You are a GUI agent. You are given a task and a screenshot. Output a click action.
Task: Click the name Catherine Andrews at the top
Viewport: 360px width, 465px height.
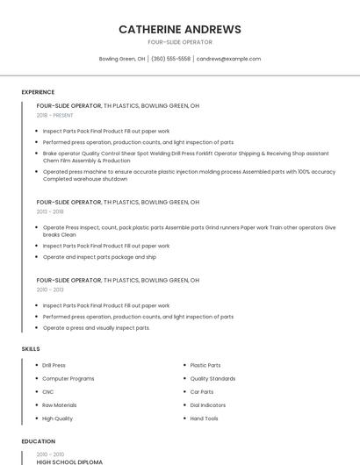(x=180, y=29)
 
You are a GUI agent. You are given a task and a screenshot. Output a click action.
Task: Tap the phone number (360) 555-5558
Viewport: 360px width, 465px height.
(x=170, y=59)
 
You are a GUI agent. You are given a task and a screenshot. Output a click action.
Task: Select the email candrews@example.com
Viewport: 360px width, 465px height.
(x=228, y=59)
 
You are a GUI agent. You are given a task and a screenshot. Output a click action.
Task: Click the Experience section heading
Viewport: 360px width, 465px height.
(x=38, y=92)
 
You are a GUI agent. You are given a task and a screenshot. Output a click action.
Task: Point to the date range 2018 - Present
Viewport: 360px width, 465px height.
(x=54, y=115)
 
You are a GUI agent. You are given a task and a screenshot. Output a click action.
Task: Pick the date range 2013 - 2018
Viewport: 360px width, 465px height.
(x=50, y=211)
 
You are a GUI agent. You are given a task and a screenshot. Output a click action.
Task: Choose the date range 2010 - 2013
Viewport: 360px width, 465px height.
(x=50, y=290)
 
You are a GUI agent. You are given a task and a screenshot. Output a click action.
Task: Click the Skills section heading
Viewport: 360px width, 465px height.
(x=31, y=348)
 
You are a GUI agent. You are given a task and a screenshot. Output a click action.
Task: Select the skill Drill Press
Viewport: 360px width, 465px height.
(x=54, y=365)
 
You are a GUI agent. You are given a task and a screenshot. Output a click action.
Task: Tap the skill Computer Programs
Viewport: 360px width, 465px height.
(x=68, y=378)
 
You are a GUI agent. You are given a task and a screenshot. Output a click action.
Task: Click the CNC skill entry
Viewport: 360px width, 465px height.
(x=48, y=391)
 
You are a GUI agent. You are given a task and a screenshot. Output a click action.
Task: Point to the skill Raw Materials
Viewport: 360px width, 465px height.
(x=60, y=404)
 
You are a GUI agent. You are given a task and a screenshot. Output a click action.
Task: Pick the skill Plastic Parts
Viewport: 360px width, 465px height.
(x=205, y=365)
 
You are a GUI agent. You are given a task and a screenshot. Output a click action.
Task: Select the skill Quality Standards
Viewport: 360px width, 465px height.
(x=212, y=378)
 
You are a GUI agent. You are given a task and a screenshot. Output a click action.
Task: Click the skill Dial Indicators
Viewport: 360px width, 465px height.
(x=208, y=404)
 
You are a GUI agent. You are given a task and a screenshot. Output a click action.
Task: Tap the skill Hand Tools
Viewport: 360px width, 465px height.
(x=204, y=418)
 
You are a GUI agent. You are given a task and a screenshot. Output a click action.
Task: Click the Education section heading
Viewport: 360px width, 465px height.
(x=38, y=441)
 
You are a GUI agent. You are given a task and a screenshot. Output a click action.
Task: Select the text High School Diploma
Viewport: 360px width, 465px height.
(x=69, y=461)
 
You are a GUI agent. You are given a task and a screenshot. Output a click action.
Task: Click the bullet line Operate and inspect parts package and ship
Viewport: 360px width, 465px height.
(x=99, y=257)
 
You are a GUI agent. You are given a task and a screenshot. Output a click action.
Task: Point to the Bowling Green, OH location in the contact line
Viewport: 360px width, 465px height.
(x=122, y=59)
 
